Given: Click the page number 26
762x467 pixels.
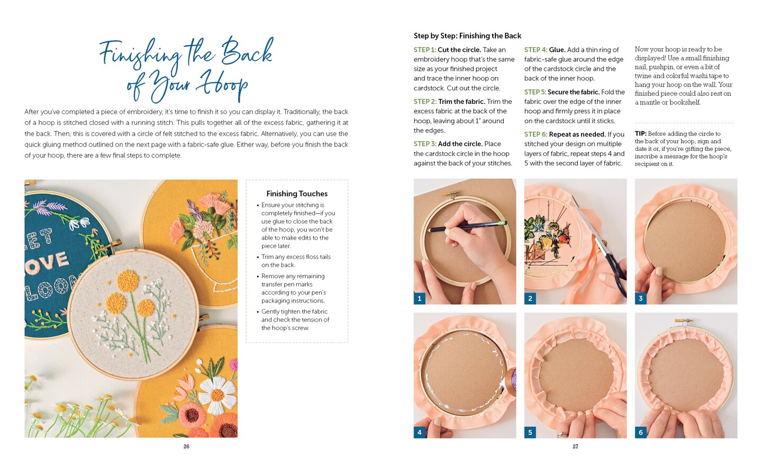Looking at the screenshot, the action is pos(186,446).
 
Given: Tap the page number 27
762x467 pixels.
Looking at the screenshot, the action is pos(575,446).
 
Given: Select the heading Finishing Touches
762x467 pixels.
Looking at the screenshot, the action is pos(297,194).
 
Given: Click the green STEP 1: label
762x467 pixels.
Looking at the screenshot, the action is pos(424,50).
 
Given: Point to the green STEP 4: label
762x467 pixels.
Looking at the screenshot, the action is pos(536,50).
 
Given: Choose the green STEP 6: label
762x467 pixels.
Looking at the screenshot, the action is pos(536,134).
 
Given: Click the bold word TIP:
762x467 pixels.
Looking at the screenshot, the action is pos(640,134).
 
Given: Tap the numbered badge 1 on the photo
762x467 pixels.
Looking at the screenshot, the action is pos(420,298).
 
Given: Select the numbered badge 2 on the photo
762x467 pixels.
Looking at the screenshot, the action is pos(530,298).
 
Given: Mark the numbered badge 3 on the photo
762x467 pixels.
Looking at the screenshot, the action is pos(640,298).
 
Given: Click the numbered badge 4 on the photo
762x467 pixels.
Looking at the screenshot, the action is pos(420,432).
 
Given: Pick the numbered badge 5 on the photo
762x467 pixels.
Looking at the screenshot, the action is pos(530,432).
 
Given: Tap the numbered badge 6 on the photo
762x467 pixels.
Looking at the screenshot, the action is pos(640,432).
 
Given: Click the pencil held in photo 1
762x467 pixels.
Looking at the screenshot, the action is pos(467,226).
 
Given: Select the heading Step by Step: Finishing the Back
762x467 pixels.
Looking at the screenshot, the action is pos(467,35).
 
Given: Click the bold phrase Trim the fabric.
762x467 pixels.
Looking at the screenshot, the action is pos(461,102).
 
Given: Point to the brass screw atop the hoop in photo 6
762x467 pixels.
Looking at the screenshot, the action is pos(684,321).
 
